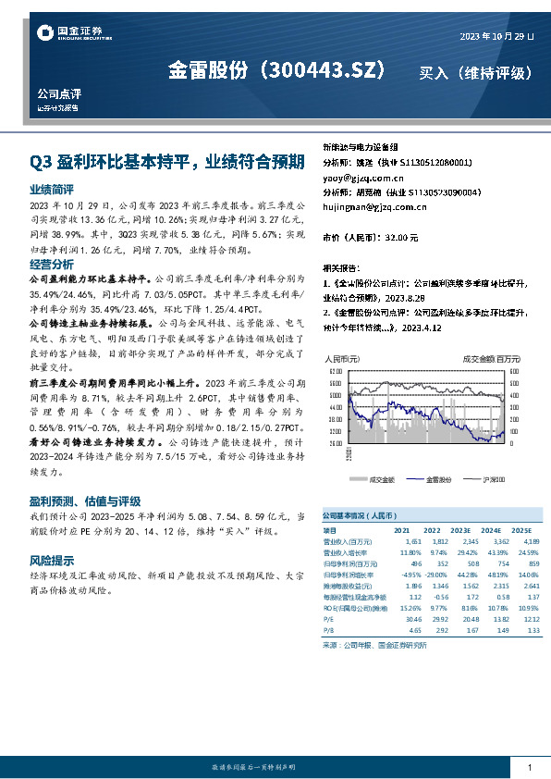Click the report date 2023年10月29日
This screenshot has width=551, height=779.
point(496,36)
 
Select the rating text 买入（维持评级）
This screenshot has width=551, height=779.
point(475,72)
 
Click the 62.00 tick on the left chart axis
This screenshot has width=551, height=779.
point(335,370)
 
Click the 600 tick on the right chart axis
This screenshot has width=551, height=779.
point(514,370)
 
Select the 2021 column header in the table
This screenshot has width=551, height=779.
point(401,530)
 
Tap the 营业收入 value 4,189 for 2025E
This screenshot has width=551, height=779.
point(530,540)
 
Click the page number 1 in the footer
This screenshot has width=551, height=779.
point(529,768)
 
